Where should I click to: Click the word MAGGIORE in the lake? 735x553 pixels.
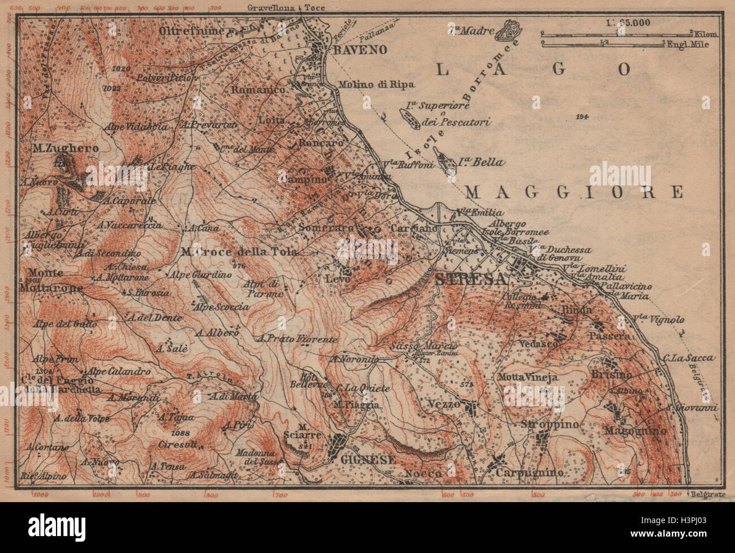point(574,192)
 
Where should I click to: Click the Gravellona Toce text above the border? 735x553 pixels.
point(280,7)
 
